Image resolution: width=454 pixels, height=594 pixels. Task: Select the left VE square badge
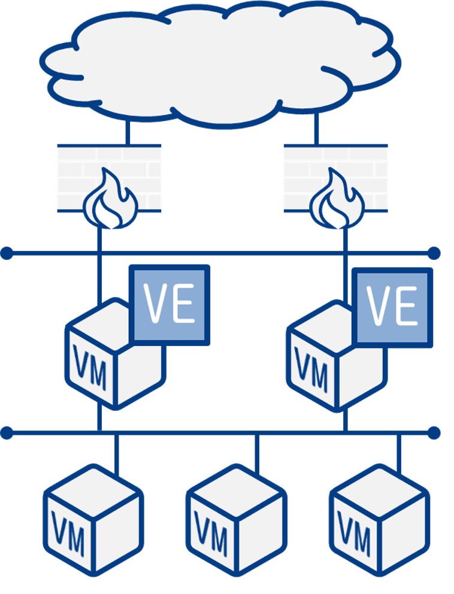[x=170, y=305]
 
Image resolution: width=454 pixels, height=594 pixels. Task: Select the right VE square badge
[x=392, y=307]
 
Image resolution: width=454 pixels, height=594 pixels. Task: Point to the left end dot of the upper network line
[x=7, y=253]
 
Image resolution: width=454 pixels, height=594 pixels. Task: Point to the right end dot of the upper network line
[x=434, y=253]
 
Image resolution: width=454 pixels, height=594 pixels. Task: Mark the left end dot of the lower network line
[x=7, y=432]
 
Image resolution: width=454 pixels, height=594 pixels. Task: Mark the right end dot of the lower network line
[x=434, y=432]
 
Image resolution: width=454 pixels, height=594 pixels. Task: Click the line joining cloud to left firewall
[x=127, y=133]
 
